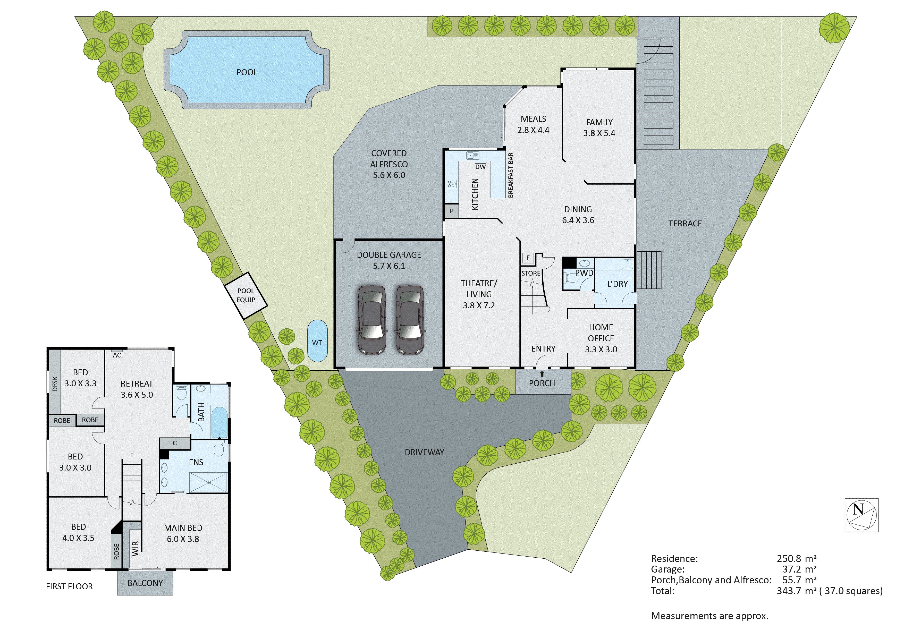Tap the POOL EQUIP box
tap(246, 295)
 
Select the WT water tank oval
tap(317, 341)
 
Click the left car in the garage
tap(371, 320)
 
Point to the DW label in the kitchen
tap(480, 167)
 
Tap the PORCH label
tap(542, 383)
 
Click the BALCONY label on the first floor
tap(145, 583)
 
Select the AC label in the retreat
tap(117, 355)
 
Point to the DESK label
tap(55, 384)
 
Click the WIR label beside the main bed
tap(135, 548)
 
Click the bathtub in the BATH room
tap(219, 422)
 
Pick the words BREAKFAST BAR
tap(511, 175)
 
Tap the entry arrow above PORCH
tap(542, 374)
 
